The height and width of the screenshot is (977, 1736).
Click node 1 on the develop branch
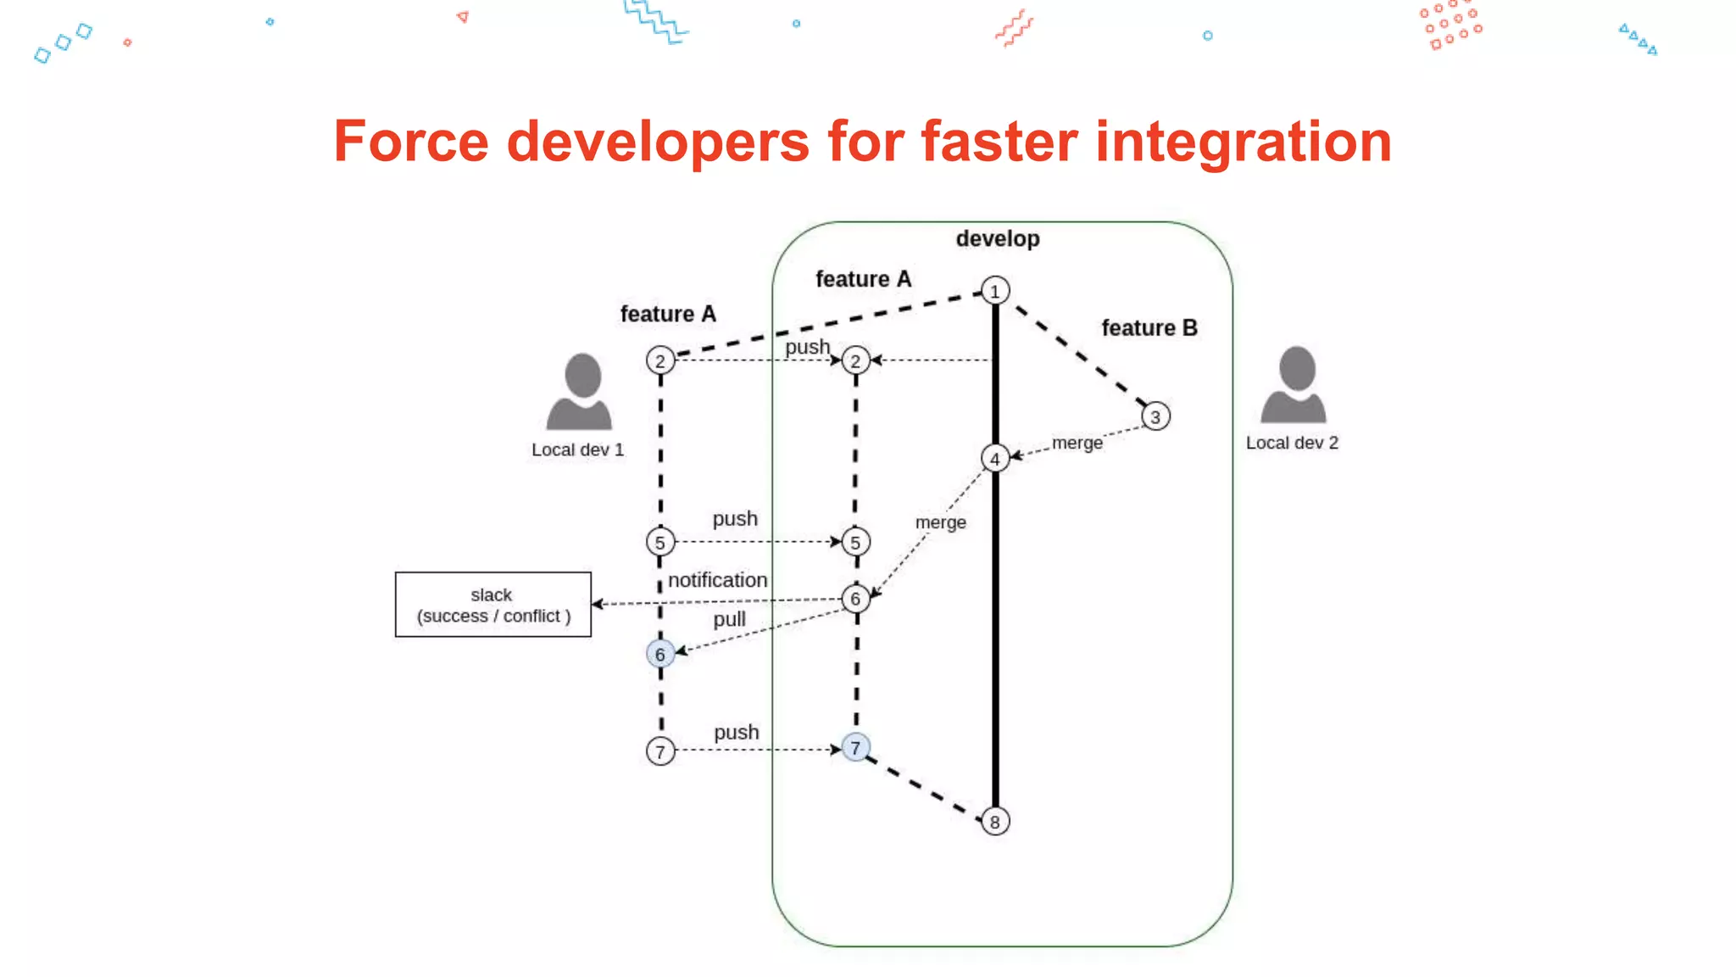[995, 291]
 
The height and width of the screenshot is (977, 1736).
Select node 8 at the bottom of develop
[995, 821]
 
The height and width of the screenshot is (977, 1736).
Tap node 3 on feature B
[1155, 416]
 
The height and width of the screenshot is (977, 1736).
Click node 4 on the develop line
[995, 459]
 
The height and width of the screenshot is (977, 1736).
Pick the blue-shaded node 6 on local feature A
[660, 654]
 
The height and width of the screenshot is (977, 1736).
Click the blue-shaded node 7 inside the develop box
[856, 747]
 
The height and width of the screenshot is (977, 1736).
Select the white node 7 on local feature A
[660, 751]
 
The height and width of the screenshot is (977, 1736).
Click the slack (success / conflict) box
[492, 605]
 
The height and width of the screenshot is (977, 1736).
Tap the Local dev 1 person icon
[580, 392]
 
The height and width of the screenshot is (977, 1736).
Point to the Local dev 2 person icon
[1294, 385]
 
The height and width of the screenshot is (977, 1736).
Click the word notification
[717, 580]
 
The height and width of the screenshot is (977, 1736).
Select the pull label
[729, 619]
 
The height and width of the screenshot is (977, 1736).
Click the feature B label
[1149, 328]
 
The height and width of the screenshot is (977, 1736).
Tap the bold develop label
[998, 239]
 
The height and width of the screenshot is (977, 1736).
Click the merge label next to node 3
[1077, 443]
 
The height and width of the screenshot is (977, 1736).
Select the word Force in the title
[411, 142]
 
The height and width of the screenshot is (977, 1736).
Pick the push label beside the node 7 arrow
[736, 732]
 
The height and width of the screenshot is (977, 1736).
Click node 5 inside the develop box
[856, 542]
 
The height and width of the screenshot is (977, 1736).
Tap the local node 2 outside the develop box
[660, 360]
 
